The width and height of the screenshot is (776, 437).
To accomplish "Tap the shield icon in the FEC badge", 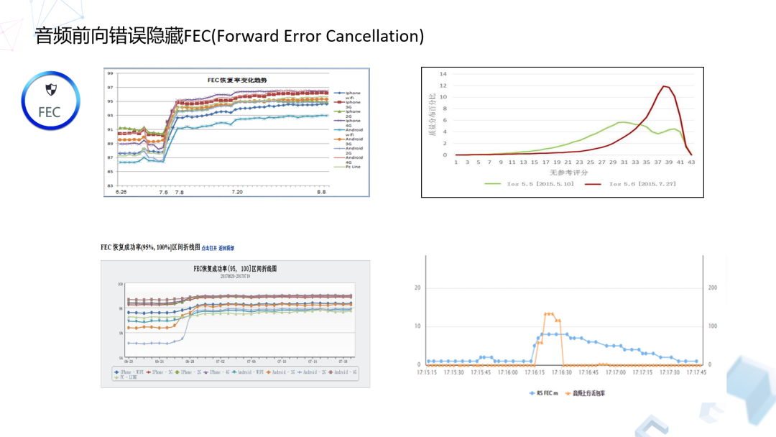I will click(x=50, y=89).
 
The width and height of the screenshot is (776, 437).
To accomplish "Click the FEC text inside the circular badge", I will click(x=50, y=111).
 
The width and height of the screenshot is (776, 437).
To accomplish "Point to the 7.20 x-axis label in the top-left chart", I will click(x=238, y=193).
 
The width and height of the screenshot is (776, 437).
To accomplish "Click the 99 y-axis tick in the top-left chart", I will click(x=109, y=73).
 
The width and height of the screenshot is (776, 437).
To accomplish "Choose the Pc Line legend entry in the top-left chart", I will click(x=353, y=167).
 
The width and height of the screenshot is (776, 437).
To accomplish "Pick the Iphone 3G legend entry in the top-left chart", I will click(x=352, y=104).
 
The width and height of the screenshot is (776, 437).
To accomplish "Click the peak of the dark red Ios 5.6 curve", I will click(x=665, y=86).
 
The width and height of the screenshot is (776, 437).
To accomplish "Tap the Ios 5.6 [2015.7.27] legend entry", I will click(x=632, y=184).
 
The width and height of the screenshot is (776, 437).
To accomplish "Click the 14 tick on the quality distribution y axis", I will click(x=443, y=74).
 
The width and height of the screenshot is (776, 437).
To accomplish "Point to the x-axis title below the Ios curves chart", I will click(x=568, y=172).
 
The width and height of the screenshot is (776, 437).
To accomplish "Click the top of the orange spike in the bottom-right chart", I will click(x=550, y=313).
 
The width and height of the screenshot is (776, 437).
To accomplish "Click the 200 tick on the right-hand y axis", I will click(x=712, y=287).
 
